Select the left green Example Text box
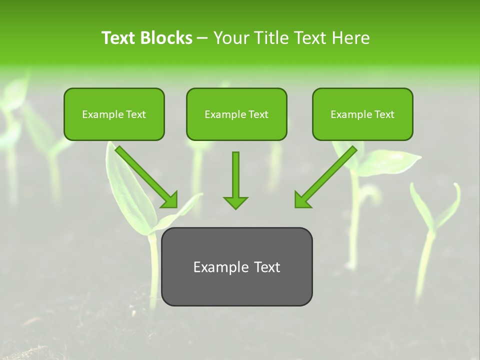pos(114,114)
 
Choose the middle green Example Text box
pos(236,114)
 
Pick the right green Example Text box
pos(362,114)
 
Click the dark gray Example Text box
pos(236,266)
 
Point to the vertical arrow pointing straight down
pos(235,177)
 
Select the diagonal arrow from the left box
pos(145,175)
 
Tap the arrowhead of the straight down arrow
pos(235,202)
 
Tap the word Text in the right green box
pos(384,114)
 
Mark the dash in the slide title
pos(202,38)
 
